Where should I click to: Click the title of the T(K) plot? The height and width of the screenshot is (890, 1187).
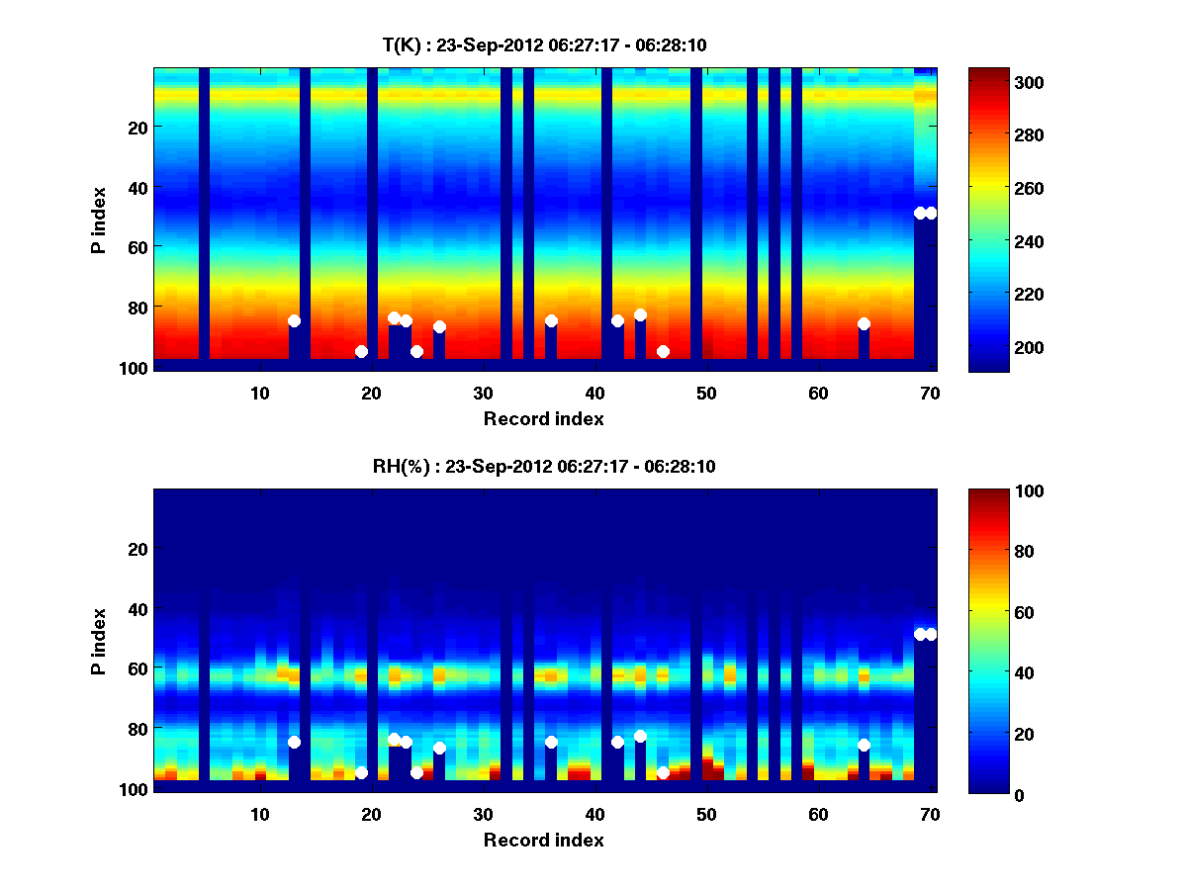tap(544, 44)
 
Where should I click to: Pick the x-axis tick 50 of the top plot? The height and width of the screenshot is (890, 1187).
tap(706, 392)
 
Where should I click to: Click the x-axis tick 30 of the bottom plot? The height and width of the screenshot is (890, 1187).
tap(483, 814)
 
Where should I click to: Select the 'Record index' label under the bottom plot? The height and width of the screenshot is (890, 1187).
tap(544, 840)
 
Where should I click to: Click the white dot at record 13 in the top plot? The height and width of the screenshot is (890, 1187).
tap(294, 320)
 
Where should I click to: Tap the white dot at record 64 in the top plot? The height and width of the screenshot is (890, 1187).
tap(864, 323)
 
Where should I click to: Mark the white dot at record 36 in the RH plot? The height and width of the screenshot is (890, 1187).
tap(551, 742)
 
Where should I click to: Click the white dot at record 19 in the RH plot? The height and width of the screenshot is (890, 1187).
tap(361, 772)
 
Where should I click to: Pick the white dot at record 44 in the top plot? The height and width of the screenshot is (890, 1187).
tap(640, 314)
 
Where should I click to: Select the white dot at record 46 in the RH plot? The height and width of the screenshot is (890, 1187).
tap(663, 772)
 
